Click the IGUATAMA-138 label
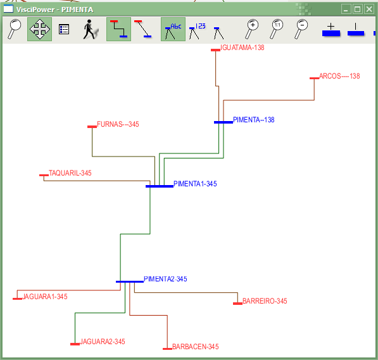[x=243, y=48]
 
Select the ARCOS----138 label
[x=339, y=76]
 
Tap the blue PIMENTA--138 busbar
[x=224, y=122]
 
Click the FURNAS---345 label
[x=118, y=124]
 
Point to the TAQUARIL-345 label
[x=70, y=173]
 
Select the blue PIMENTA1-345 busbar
[x=160, y=186]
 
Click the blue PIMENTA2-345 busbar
[x=130, y=281]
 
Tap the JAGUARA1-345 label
[x=45, y=297]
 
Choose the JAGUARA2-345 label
[x=103, y=342]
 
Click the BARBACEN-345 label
[x=196, y=347]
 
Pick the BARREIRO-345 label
[x=265, y=301]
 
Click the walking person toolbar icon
[x=91, y=29]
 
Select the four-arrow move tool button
[x=39, y=29]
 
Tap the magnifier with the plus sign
[x=251, y=29]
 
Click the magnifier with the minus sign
[x=301, y=29]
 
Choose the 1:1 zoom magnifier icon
[x=276, y=29]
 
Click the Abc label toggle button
[x=173, y=29]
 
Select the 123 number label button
[x=197, y=30]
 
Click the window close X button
[x=369, y=10]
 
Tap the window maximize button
[x=358, y=10]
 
